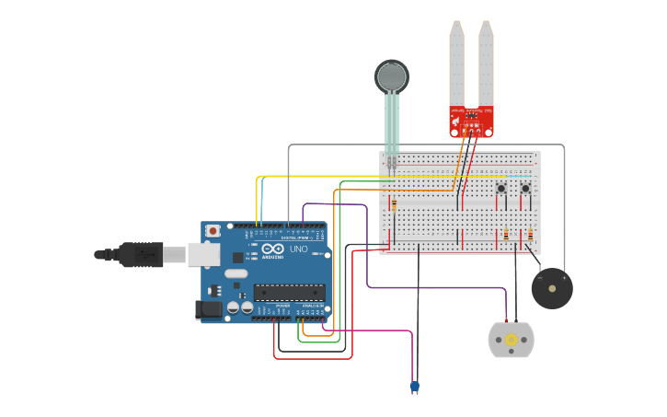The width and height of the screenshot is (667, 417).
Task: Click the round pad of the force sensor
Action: (391, 75)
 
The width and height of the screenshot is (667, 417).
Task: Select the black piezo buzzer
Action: (552, 289)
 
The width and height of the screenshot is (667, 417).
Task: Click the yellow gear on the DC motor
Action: (511, 338)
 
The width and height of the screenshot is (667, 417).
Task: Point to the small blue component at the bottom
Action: (414, 387)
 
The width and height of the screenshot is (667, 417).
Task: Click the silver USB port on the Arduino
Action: (204, 253)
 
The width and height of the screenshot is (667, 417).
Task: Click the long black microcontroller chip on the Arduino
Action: (289, 293)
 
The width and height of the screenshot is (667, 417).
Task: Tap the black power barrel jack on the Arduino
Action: (210, 310)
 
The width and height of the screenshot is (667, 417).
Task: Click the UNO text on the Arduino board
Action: (299, 249)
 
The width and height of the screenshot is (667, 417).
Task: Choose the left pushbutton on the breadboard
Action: (501, 190)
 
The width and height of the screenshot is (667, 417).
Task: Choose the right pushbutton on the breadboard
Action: (525, 190)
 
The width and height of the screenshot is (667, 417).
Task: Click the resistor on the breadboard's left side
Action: (395, 204)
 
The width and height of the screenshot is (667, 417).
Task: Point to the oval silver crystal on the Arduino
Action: (236, 273)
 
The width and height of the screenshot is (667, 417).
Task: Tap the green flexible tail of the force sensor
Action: (392, 124)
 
